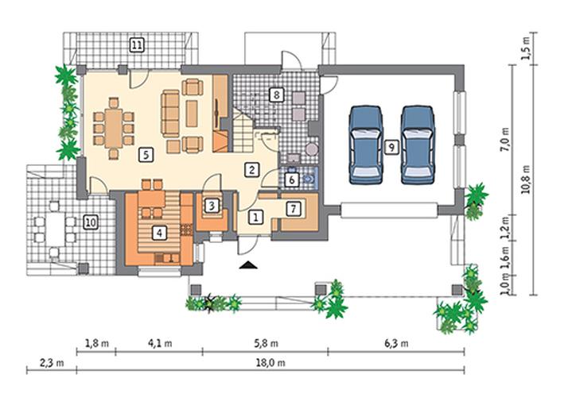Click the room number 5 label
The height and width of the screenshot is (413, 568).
point(146,155)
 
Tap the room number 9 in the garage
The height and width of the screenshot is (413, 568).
point(391,147)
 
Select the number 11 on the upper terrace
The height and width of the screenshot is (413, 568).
point(137,45)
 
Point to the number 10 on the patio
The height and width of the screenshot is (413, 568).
point(90,222)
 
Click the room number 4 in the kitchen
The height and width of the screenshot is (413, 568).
point(159,233)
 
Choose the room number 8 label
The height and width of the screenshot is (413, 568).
point(276,95)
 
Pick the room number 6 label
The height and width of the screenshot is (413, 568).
point(292,179)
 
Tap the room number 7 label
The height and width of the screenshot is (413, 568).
point(294,209)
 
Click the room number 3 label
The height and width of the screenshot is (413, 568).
point(212,206)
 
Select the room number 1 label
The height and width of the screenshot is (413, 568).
point(256,218)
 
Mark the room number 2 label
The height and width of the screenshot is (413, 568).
point(251,170)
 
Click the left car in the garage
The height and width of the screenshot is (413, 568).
point(366,145)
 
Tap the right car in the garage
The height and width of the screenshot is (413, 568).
point(418,145)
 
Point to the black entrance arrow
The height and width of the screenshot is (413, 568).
point(248,265)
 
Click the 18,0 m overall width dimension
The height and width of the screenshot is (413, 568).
point(270,363)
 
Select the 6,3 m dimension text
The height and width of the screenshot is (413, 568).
point(396,343)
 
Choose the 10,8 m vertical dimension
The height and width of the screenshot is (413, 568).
point(526,179)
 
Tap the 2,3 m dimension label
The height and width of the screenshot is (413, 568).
point(52,363)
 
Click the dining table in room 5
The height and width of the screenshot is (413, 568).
point(114,129)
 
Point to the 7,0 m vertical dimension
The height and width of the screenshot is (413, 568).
point(505,140)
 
